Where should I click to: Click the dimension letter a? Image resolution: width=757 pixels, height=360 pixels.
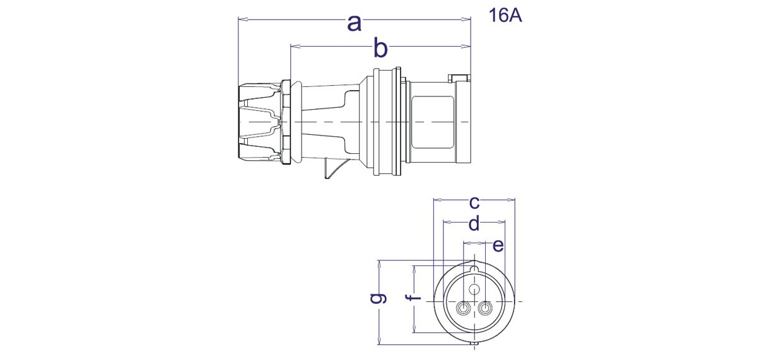[355, 24]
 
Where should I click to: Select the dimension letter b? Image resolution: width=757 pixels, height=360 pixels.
[380, 47]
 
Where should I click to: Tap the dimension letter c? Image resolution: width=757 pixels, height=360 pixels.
[474, 202]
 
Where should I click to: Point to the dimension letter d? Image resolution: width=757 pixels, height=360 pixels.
[474, 223]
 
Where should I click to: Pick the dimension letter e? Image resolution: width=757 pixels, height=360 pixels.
[498, 245]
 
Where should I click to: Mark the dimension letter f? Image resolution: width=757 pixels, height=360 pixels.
[414, 298]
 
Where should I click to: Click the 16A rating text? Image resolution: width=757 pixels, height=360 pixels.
[505, 16]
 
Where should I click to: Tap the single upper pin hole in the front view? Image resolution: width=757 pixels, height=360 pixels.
[474, 289]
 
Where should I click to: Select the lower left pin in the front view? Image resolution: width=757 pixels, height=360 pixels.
[464, 309]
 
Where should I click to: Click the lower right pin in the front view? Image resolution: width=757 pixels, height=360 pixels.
[485, 309]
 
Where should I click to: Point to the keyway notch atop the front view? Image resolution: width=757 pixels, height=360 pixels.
[474, 270]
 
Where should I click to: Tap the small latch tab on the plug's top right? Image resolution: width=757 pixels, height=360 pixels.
[459, 79]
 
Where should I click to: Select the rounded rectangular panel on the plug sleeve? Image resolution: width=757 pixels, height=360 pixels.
[433, 120]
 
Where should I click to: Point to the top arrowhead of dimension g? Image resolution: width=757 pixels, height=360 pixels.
[378, 262]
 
